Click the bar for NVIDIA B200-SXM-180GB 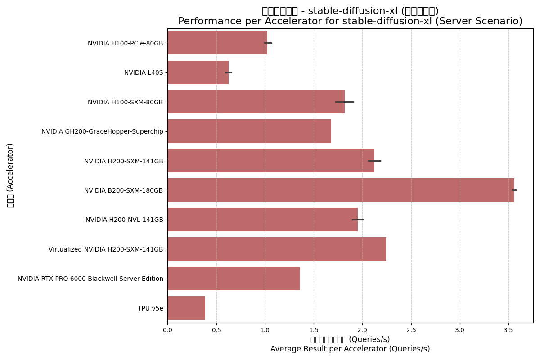pyautogui.click(x=341, y=190)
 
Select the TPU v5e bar pyautogui.click(x=186, y=308)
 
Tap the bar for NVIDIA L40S pyautogui.click(x=198, y=72)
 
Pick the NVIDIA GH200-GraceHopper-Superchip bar pyautogui.click(x=249, y=131)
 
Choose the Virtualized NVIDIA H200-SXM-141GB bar pyautogui.click(x=277, y=249)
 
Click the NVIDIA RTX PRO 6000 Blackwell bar pyautogui.click(x=234, y=279)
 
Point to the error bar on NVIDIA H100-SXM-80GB pyautogui.click(x=345, y=102)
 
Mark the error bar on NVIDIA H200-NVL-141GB pyautogui.click(x=358, y=220)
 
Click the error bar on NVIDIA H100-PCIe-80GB pyautogui.click(x=268, y=43)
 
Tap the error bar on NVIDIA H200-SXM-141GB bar pyautogui.click(x=374, y=161)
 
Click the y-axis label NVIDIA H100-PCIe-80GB pyautogui.click(x=125, y=43)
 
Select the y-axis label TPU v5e pyautogui.click(x=150, y=308)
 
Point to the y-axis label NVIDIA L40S pyautogui.click(x=144, y=72)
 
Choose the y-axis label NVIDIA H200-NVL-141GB pyautogui.click(x=124, y=220)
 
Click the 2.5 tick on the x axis pyautogui.click(x=411, y=330)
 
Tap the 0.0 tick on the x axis pyautogui.click(x=168, y=330)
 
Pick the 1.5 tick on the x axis pyautogui.click(x=314, y=330)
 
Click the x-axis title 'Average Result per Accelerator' pyautogui.click(x=350, y=349)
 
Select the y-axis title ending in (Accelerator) pyautogui.click(x=11, y=175)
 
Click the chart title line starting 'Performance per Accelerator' pyautogui.click(x=350, y=21)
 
